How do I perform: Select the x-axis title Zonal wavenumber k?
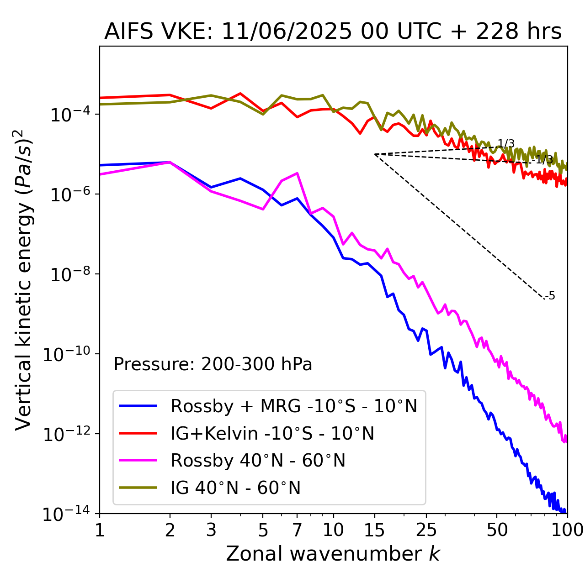(x=333, y=554)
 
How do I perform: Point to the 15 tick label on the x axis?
(x=374, y=530)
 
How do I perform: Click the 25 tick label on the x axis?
(x=426, y=530)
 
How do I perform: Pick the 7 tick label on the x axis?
(x=297, y=530)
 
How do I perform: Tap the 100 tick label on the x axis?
(x=567, y=530)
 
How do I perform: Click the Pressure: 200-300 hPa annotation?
(x=213, y=364)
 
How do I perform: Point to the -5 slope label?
(x=550, y=296)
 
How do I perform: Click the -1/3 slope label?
(x=543, y=160)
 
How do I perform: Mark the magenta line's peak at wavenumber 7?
(x=298, y=173)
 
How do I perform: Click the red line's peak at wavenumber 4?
(x=240, y=93)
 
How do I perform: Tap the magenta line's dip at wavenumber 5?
(x=263, y=210)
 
